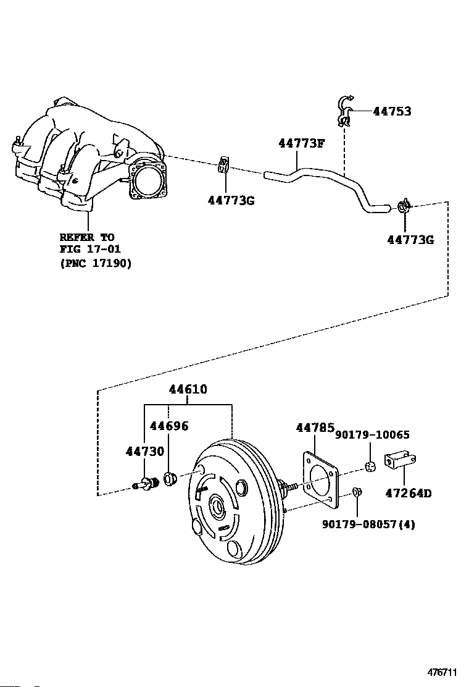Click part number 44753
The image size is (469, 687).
392,111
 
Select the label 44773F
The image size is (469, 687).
301,143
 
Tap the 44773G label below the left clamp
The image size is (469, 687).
231,200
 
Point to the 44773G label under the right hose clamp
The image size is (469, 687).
410,240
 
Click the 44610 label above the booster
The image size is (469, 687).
188,389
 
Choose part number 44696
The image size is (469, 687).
169,426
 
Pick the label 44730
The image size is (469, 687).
145,451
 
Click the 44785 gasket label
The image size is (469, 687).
315,427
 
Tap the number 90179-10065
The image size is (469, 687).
372,435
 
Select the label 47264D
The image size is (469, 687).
408,494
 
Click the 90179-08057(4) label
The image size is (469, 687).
368,524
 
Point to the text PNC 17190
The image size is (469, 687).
96,264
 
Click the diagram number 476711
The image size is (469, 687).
442,672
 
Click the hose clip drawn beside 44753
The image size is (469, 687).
344,112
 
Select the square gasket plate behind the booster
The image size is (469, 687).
320,480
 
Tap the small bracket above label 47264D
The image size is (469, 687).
400,461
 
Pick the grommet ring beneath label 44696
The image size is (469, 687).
170,478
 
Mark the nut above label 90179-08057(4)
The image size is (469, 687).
357,492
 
